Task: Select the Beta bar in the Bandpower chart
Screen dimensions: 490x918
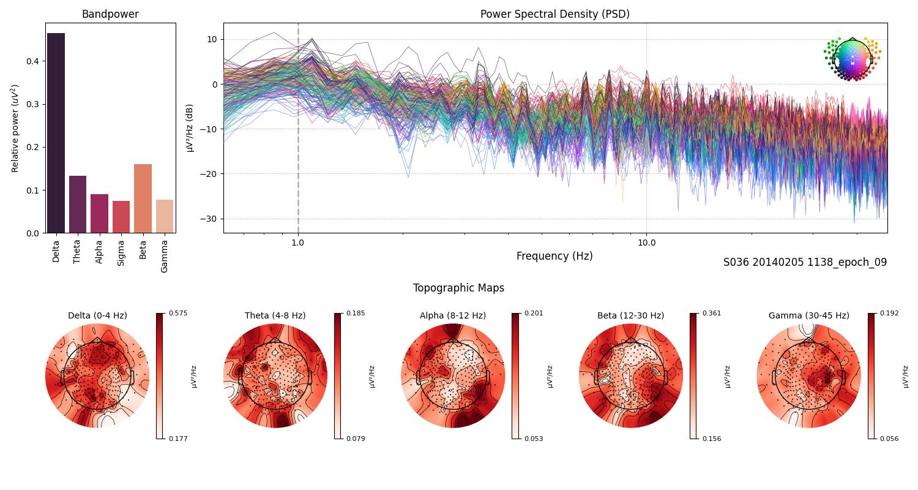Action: [x=143, y=198]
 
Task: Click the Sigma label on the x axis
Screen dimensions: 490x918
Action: [x=121, y=251]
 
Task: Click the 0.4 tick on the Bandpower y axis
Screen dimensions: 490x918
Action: [x=33, y=61]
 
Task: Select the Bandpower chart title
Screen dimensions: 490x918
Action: [x=110, y=14]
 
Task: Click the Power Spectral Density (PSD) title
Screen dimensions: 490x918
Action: [x=554, y=14]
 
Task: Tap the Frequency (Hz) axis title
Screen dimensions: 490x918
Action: [x=554, y=256]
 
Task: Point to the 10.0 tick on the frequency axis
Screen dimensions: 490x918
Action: [x=646, y=242]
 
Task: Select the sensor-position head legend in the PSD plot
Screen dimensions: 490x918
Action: [x=852, y=59]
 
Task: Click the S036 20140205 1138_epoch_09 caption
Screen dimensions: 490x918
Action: [x=805, y=262]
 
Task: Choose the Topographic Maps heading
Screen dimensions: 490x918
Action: [x=458, y=288]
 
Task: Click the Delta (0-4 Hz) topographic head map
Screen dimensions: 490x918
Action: [x=97, y=375]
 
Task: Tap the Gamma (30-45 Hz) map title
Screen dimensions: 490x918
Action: [x=808, y=315]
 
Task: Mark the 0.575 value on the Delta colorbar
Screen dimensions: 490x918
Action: [x=179, y=313]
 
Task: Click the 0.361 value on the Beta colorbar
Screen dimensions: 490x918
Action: [x=712, y=313]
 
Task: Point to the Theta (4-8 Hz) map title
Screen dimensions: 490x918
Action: [x=275, y=315]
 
